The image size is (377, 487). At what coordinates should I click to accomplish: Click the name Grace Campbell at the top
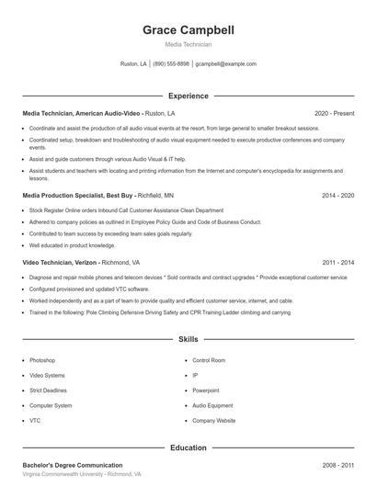click(188, 29)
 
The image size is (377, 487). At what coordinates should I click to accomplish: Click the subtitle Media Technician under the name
click(188, 44)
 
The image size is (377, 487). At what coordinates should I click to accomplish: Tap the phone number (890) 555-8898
click(171, 64)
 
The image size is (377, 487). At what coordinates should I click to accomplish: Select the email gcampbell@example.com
click(226, 64)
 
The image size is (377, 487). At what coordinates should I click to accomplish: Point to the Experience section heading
click(188, 96)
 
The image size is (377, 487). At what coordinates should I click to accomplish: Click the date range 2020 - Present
click(334, 113)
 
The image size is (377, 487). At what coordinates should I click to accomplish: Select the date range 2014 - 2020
click(337, 196)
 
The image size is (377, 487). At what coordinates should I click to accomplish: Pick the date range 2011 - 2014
click(337, 262)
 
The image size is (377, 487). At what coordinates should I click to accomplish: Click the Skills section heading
click(188, 339)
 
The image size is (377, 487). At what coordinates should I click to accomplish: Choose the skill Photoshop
click(42, 360)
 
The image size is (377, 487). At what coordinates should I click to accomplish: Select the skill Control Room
click(209, 360)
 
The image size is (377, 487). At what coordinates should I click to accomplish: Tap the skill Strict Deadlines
click(49, 390)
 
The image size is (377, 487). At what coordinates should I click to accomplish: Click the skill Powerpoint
click(206, 390)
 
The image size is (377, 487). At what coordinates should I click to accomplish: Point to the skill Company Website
click(214, 420)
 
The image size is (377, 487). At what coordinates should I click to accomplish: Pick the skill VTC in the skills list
click(35, 420)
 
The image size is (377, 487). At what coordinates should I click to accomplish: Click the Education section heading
click(188, 447)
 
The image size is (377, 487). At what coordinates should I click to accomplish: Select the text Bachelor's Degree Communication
click(73, 465)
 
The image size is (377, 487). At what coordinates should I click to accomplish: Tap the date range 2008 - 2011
click(337, 465)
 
